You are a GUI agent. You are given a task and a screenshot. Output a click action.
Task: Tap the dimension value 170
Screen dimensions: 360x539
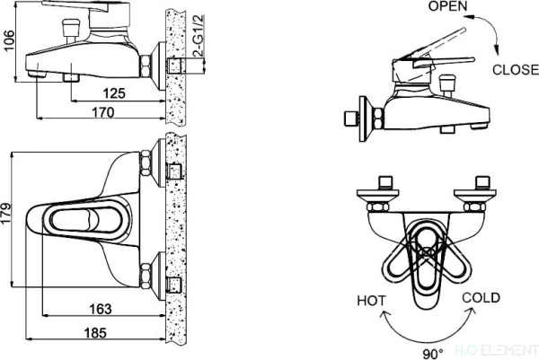click(x=103, y=112)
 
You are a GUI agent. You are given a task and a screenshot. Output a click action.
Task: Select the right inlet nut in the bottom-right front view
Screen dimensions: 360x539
click(x=479, y=190)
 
